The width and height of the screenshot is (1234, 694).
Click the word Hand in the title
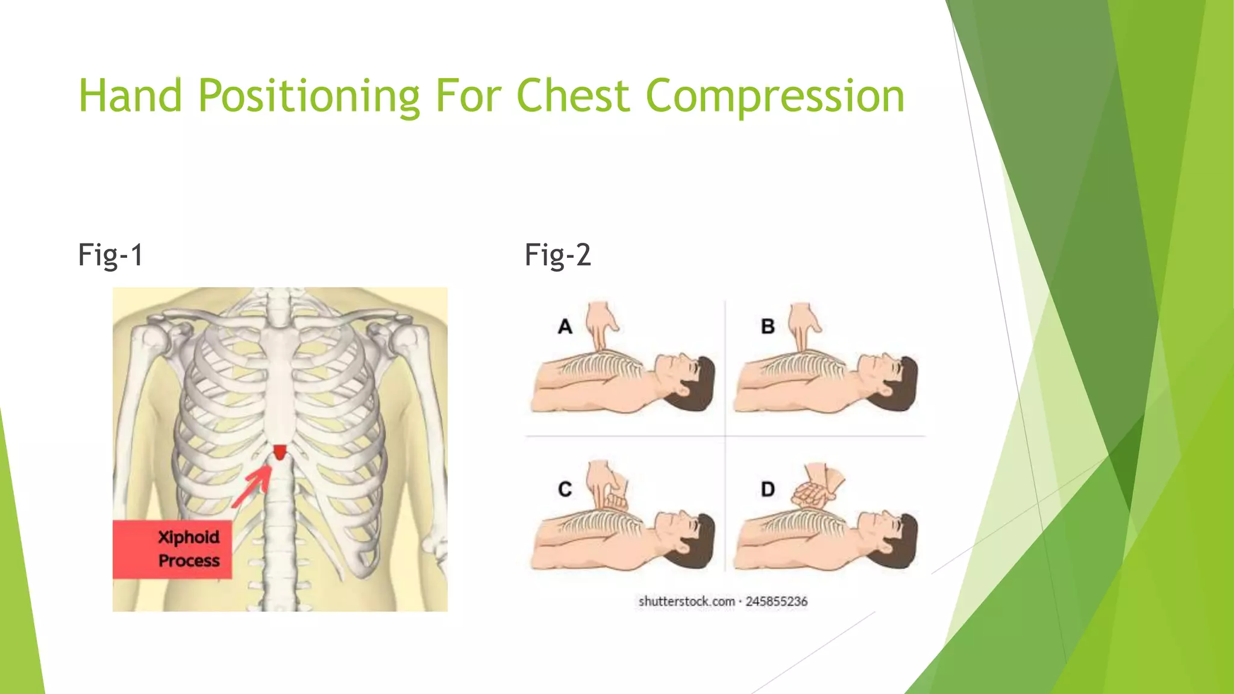pos(130,96)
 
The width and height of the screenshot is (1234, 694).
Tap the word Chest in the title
pos(573,96)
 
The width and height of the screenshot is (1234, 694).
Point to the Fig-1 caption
pos(111,255)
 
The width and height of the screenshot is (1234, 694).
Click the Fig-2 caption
pos(557,255)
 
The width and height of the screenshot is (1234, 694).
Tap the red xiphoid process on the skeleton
pos(280,452)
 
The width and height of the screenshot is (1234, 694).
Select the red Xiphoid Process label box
pos(172,549)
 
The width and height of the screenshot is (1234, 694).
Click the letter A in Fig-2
pos(565,327)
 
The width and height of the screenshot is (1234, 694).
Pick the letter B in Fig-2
pos(768,327)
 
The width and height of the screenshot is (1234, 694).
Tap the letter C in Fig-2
pos(565,489)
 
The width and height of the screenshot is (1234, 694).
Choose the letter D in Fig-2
pos(768,489)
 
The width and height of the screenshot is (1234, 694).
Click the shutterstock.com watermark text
pos(686,601)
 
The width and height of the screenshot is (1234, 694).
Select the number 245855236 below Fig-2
pos(776,601)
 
